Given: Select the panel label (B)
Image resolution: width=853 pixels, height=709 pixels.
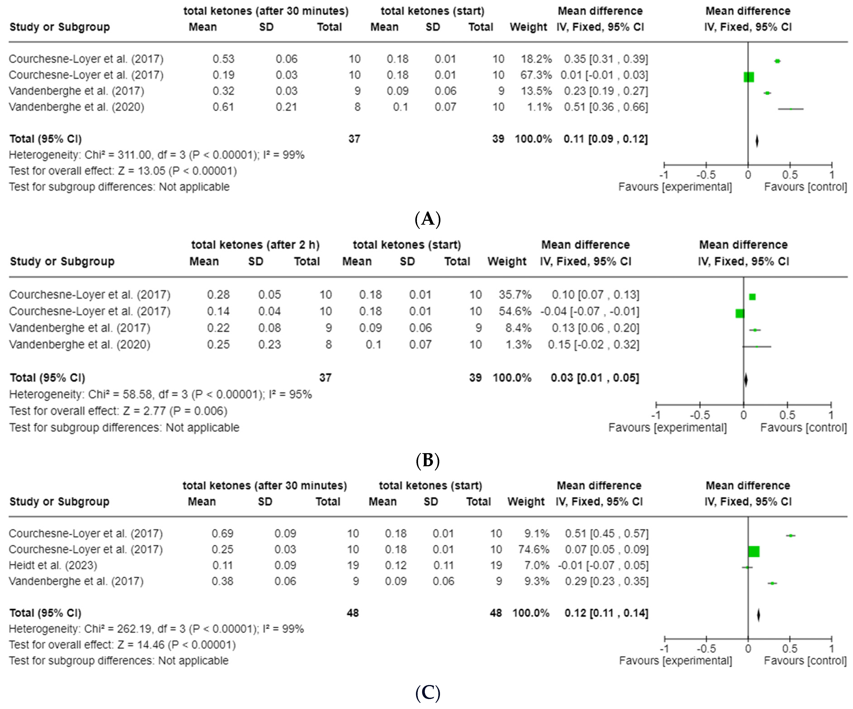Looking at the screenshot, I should click(427, 460).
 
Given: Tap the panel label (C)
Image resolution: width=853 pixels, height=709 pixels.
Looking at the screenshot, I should click(427, 693).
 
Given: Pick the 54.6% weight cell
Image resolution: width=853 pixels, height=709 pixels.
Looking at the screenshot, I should click(515, 311).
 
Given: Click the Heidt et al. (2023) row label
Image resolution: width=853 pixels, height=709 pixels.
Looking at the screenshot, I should click(53, 565).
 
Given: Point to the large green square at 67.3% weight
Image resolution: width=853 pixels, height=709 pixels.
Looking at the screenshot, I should click(749, 77).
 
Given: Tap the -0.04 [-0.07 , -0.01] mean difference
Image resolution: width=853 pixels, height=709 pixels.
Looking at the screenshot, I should click(589, 311).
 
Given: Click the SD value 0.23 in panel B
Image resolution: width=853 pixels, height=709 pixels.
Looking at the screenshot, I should click(269, 345).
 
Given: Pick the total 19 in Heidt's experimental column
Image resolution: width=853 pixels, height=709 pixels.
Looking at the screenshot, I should click(353, 565).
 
